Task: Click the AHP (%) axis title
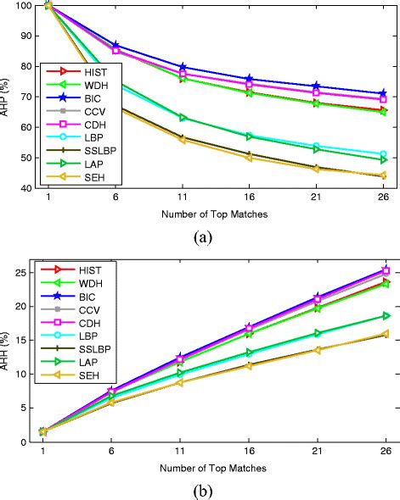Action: [x=10, y=97]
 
